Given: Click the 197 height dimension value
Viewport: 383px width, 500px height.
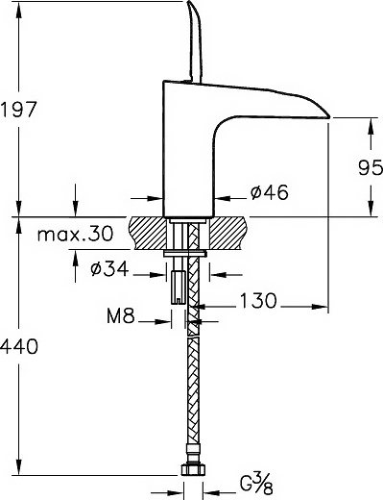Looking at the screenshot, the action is (x=18, y=110).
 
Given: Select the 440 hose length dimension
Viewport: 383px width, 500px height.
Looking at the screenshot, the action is (x=18, y=347).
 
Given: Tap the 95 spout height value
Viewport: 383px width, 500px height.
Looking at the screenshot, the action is (x=371, y=167).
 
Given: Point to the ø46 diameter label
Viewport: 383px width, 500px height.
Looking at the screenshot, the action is (x=270, y=192).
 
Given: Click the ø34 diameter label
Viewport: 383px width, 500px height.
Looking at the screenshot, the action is (x=109, y=268).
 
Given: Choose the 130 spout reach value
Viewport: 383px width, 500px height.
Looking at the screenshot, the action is (x=258, y=301).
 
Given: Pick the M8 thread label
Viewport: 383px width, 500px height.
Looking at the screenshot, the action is (x=120, y=316).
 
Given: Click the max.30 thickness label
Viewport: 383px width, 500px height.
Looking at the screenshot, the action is (x=75, y=234).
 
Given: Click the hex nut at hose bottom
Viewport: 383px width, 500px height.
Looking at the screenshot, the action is (x=193, y=470).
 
